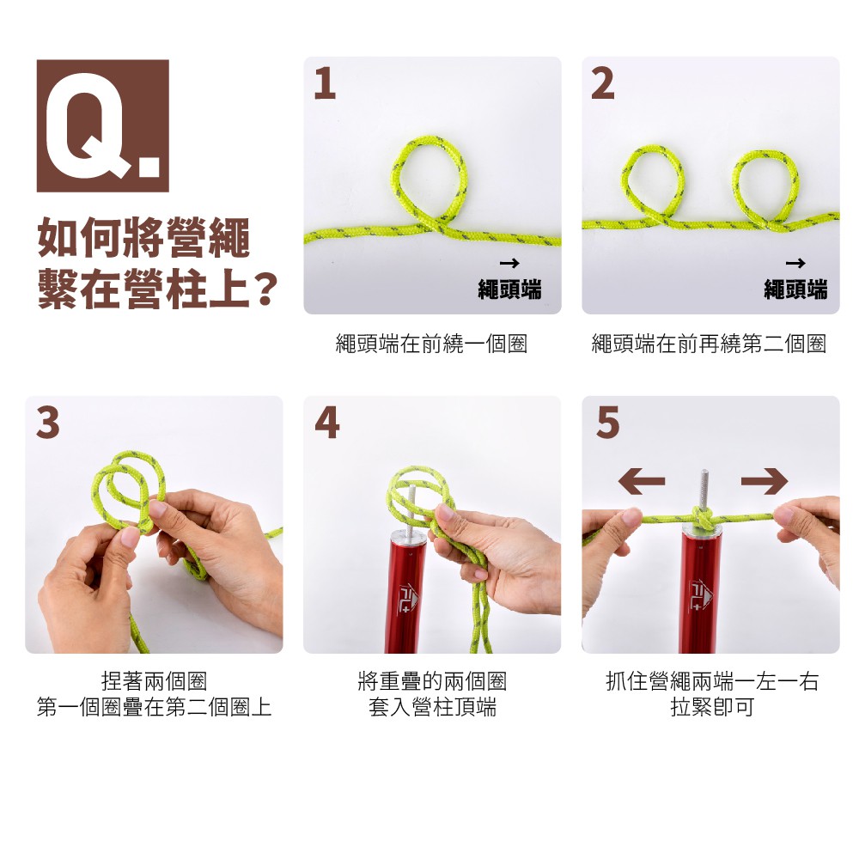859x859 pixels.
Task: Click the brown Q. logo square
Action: (102, 125)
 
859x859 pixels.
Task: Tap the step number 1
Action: (325, 84)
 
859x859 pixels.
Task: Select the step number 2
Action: (603, 84)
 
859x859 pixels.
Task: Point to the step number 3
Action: (47, 423)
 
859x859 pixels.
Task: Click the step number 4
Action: (327, 423)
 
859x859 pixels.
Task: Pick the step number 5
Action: (607, 423)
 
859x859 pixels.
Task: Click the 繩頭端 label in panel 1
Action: (509, 289)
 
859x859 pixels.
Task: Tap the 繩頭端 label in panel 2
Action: (795, 289)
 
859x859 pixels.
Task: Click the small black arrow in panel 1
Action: (509, 264)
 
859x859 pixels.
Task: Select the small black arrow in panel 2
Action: (795, 264)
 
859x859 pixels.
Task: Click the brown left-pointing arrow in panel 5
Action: (641, 481)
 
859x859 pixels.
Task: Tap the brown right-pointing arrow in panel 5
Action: (765, 481)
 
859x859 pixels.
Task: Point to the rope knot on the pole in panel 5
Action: (703, 517)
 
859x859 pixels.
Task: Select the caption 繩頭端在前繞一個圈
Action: (431, 344)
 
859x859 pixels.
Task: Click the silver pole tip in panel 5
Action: (704, 488)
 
